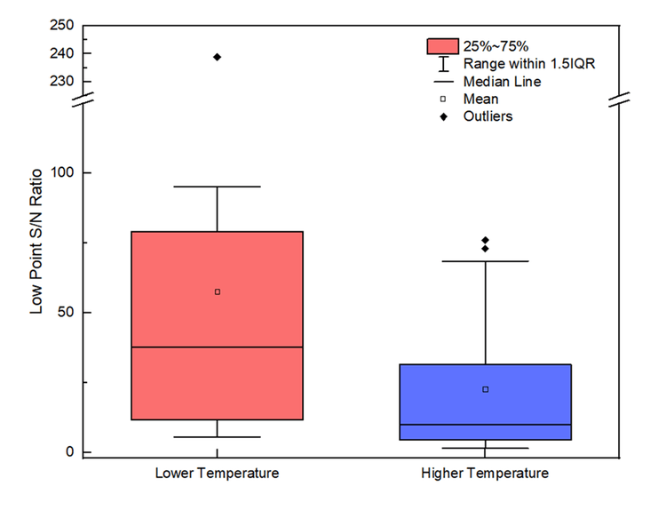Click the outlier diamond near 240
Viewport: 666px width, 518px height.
point(218,57)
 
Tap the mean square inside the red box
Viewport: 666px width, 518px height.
point(218,291)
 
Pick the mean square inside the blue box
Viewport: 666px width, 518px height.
point(486,389)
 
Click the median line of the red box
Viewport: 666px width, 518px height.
point(217,347)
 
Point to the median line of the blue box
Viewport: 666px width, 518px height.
point(485,425)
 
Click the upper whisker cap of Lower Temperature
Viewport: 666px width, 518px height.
point(218,187)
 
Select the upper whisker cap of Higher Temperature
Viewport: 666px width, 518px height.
point(486,261)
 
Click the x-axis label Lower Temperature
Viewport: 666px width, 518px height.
point(217,473)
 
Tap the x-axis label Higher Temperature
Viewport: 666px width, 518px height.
point(485,473)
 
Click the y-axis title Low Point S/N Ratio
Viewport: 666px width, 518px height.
point(37,253)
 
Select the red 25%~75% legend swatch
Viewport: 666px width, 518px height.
point(442,46)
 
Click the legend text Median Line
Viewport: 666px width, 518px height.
point(503,82)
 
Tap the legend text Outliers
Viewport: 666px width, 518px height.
point(488,116)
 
